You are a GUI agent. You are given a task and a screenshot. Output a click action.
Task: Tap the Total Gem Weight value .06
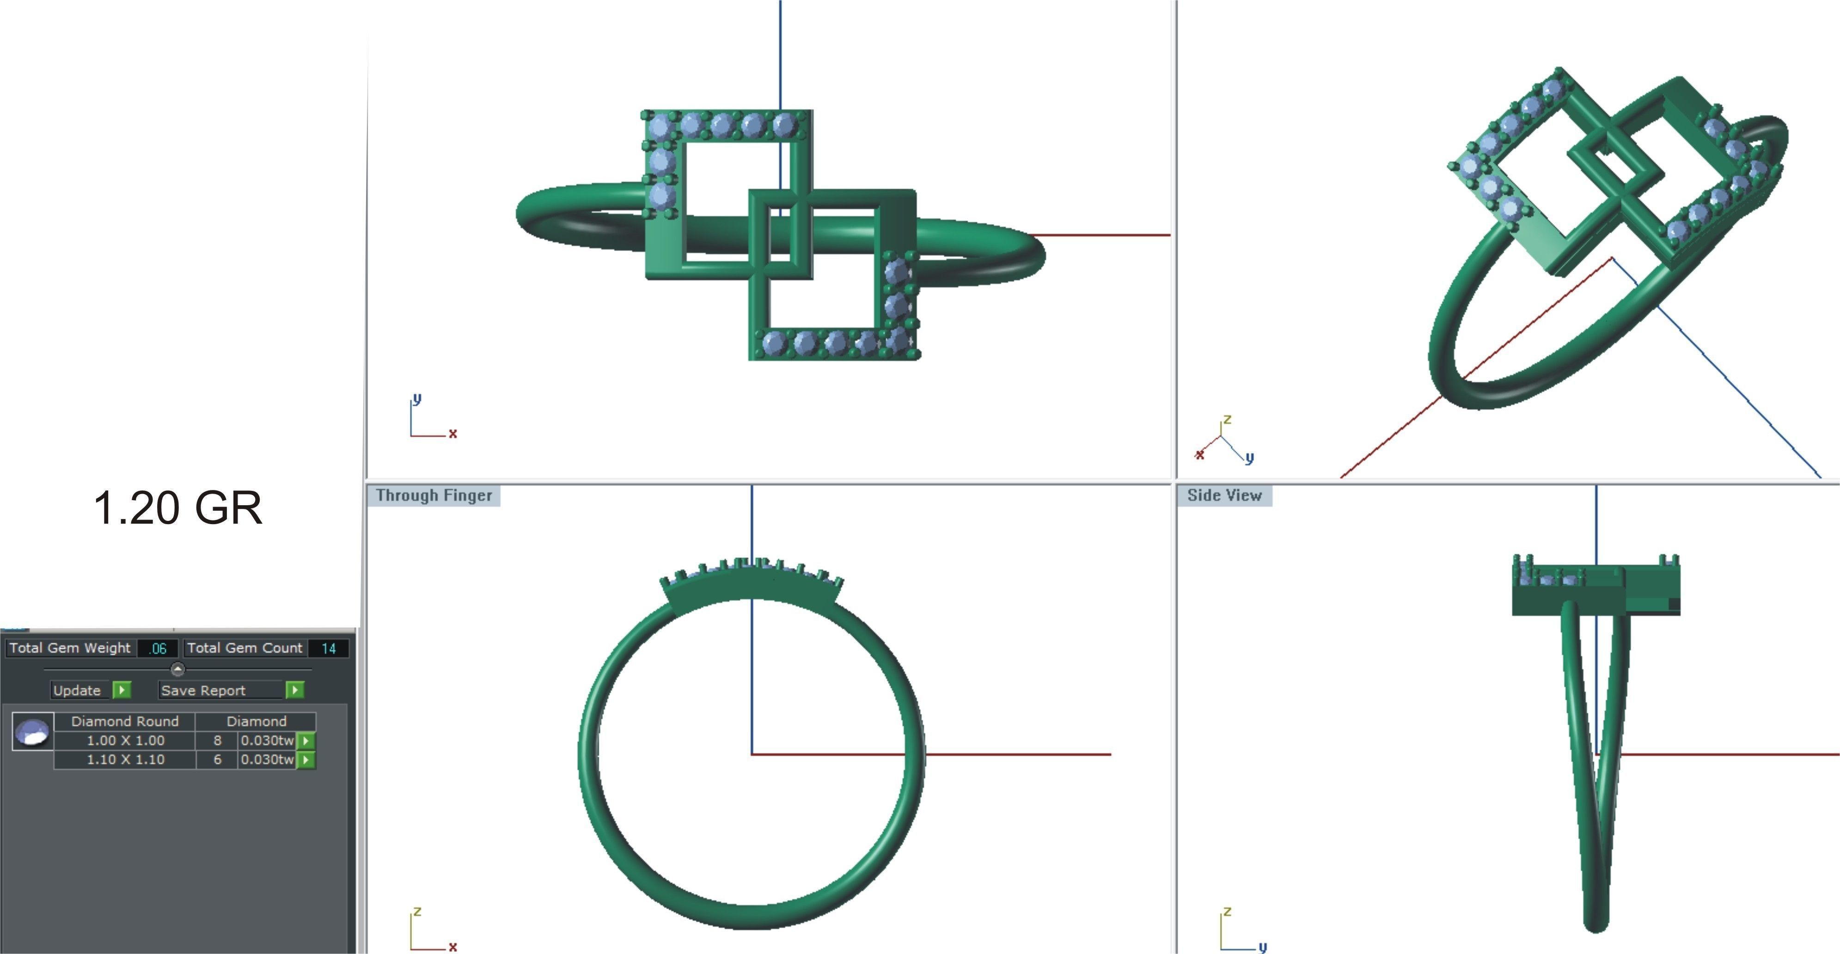158,648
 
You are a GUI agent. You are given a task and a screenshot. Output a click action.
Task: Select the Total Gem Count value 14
329,648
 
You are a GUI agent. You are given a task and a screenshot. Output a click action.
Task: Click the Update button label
77,691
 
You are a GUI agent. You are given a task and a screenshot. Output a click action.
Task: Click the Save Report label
203,691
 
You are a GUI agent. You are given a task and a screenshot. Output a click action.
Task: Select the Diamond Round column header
125,721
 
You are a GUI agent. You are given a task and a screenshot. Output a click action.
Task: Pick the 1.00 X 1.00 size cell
125,740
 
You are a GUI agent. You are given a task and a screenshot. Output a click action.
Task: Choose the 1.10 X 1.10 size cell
125,760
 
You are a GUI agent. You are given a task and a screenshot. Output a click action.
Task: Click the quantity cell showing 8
217,740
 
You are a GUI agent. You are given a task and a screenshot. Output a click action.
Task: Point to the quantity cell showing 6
217,760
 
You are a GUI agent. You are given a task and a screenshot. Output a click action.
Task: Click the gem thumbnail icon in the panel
33,732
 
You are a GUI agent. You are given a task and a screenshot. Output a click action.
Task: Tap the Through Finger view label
434,495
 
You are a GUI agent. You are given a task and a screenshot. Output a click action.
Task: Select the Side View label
1224,495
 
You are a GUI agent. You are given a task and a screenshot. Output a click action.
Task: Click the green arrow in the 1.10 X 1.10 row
306,760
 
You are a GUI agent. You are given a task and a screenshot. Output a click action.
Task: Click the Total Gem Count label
245,648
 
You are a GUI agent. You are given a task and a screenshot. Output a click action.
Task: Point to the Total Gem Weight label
70,648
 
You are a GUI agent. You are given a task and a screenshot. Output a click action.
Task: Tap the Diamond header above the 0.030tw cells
257,721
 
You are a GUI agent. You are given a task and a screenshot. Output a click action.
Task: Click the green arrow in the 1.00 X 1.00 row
306,740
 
